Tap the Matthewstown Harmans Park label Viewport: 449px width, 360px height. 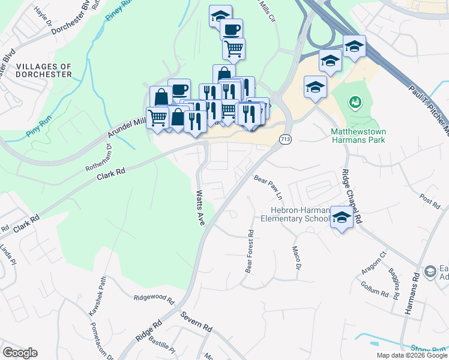point(358,135)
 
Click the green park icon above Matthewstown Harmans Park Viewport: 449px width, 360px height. point(355,103)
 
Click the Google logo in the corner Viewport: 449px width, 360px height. point(20,353)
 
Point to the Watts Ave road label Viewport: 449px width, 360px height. point(200,208)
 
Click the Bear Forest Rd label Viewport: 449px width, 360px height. point(249,251)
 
